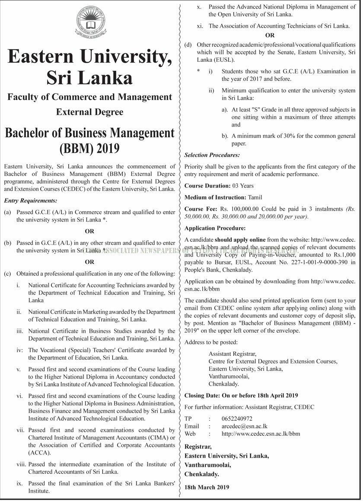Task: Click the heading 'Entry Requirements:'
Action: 30,201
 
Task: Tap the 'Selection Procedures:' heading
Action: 212,155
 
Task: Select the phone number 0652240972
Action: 237,419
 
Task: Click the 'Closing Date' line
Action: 241,396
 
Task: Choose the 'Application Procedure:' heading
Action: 215,228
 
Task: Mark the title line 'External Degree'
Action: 90,112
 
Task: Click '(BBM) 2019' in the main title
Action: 89,149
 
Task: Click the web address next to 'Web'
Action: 261,434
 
